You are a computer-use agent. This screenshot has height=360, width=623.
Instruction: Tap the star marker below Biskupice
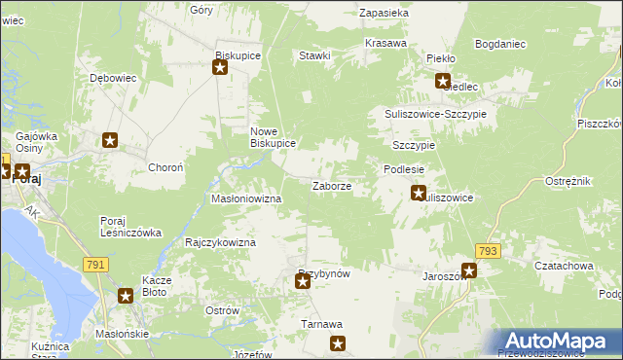(220, 67)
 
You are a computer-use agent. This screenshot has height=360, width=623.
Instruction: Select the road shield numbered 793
(489, 251)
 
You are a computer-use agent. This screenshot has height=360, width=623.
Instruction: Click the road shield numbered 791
(95, 265)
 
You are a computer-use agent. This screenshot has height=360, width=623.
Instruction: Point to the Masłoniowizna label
(246, 198)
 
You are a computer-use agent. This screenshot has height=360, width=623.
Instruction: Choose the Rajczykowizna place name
(220, 241)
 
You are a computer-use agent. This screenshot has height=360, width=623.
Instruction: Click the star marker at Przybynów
(303, 281)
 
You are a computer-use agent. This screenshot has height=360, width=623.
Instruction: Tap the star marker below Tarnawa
(338, 342)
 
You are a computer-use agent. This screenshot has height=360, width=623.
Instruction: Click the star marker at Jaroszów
(469, 271)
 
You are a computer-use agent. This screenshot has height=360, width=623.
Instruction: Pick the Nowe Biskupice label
(273, 137)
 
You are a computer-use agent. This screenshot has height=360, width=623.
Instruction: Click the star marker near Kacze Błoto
(126, 296)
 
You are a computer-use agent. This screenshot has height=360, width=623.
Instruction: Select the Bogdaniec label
(501, 44)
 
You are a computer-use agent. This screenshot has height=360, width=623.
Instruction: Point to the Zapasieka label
(384, 14)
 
